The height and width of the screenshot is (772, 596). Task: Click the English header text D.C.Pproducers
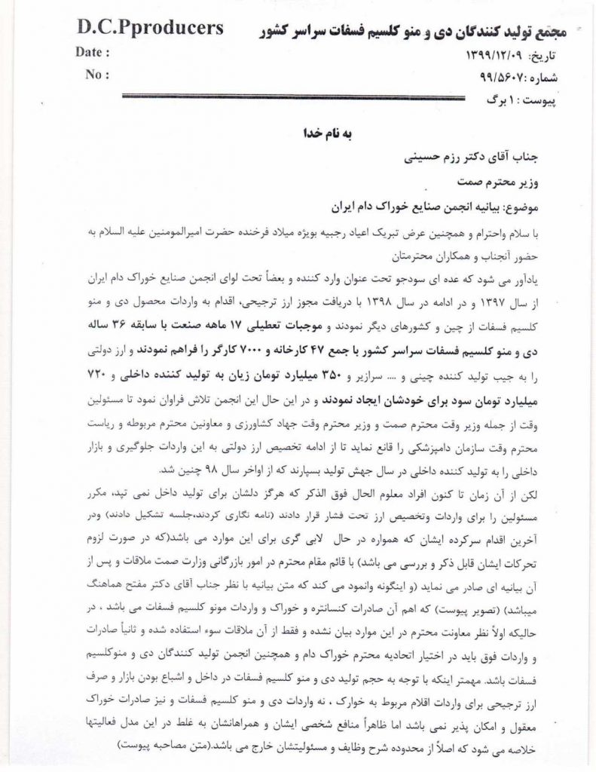[150, 29]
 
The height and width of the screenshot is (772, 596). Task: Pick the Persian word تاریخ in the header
[557, 57]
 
